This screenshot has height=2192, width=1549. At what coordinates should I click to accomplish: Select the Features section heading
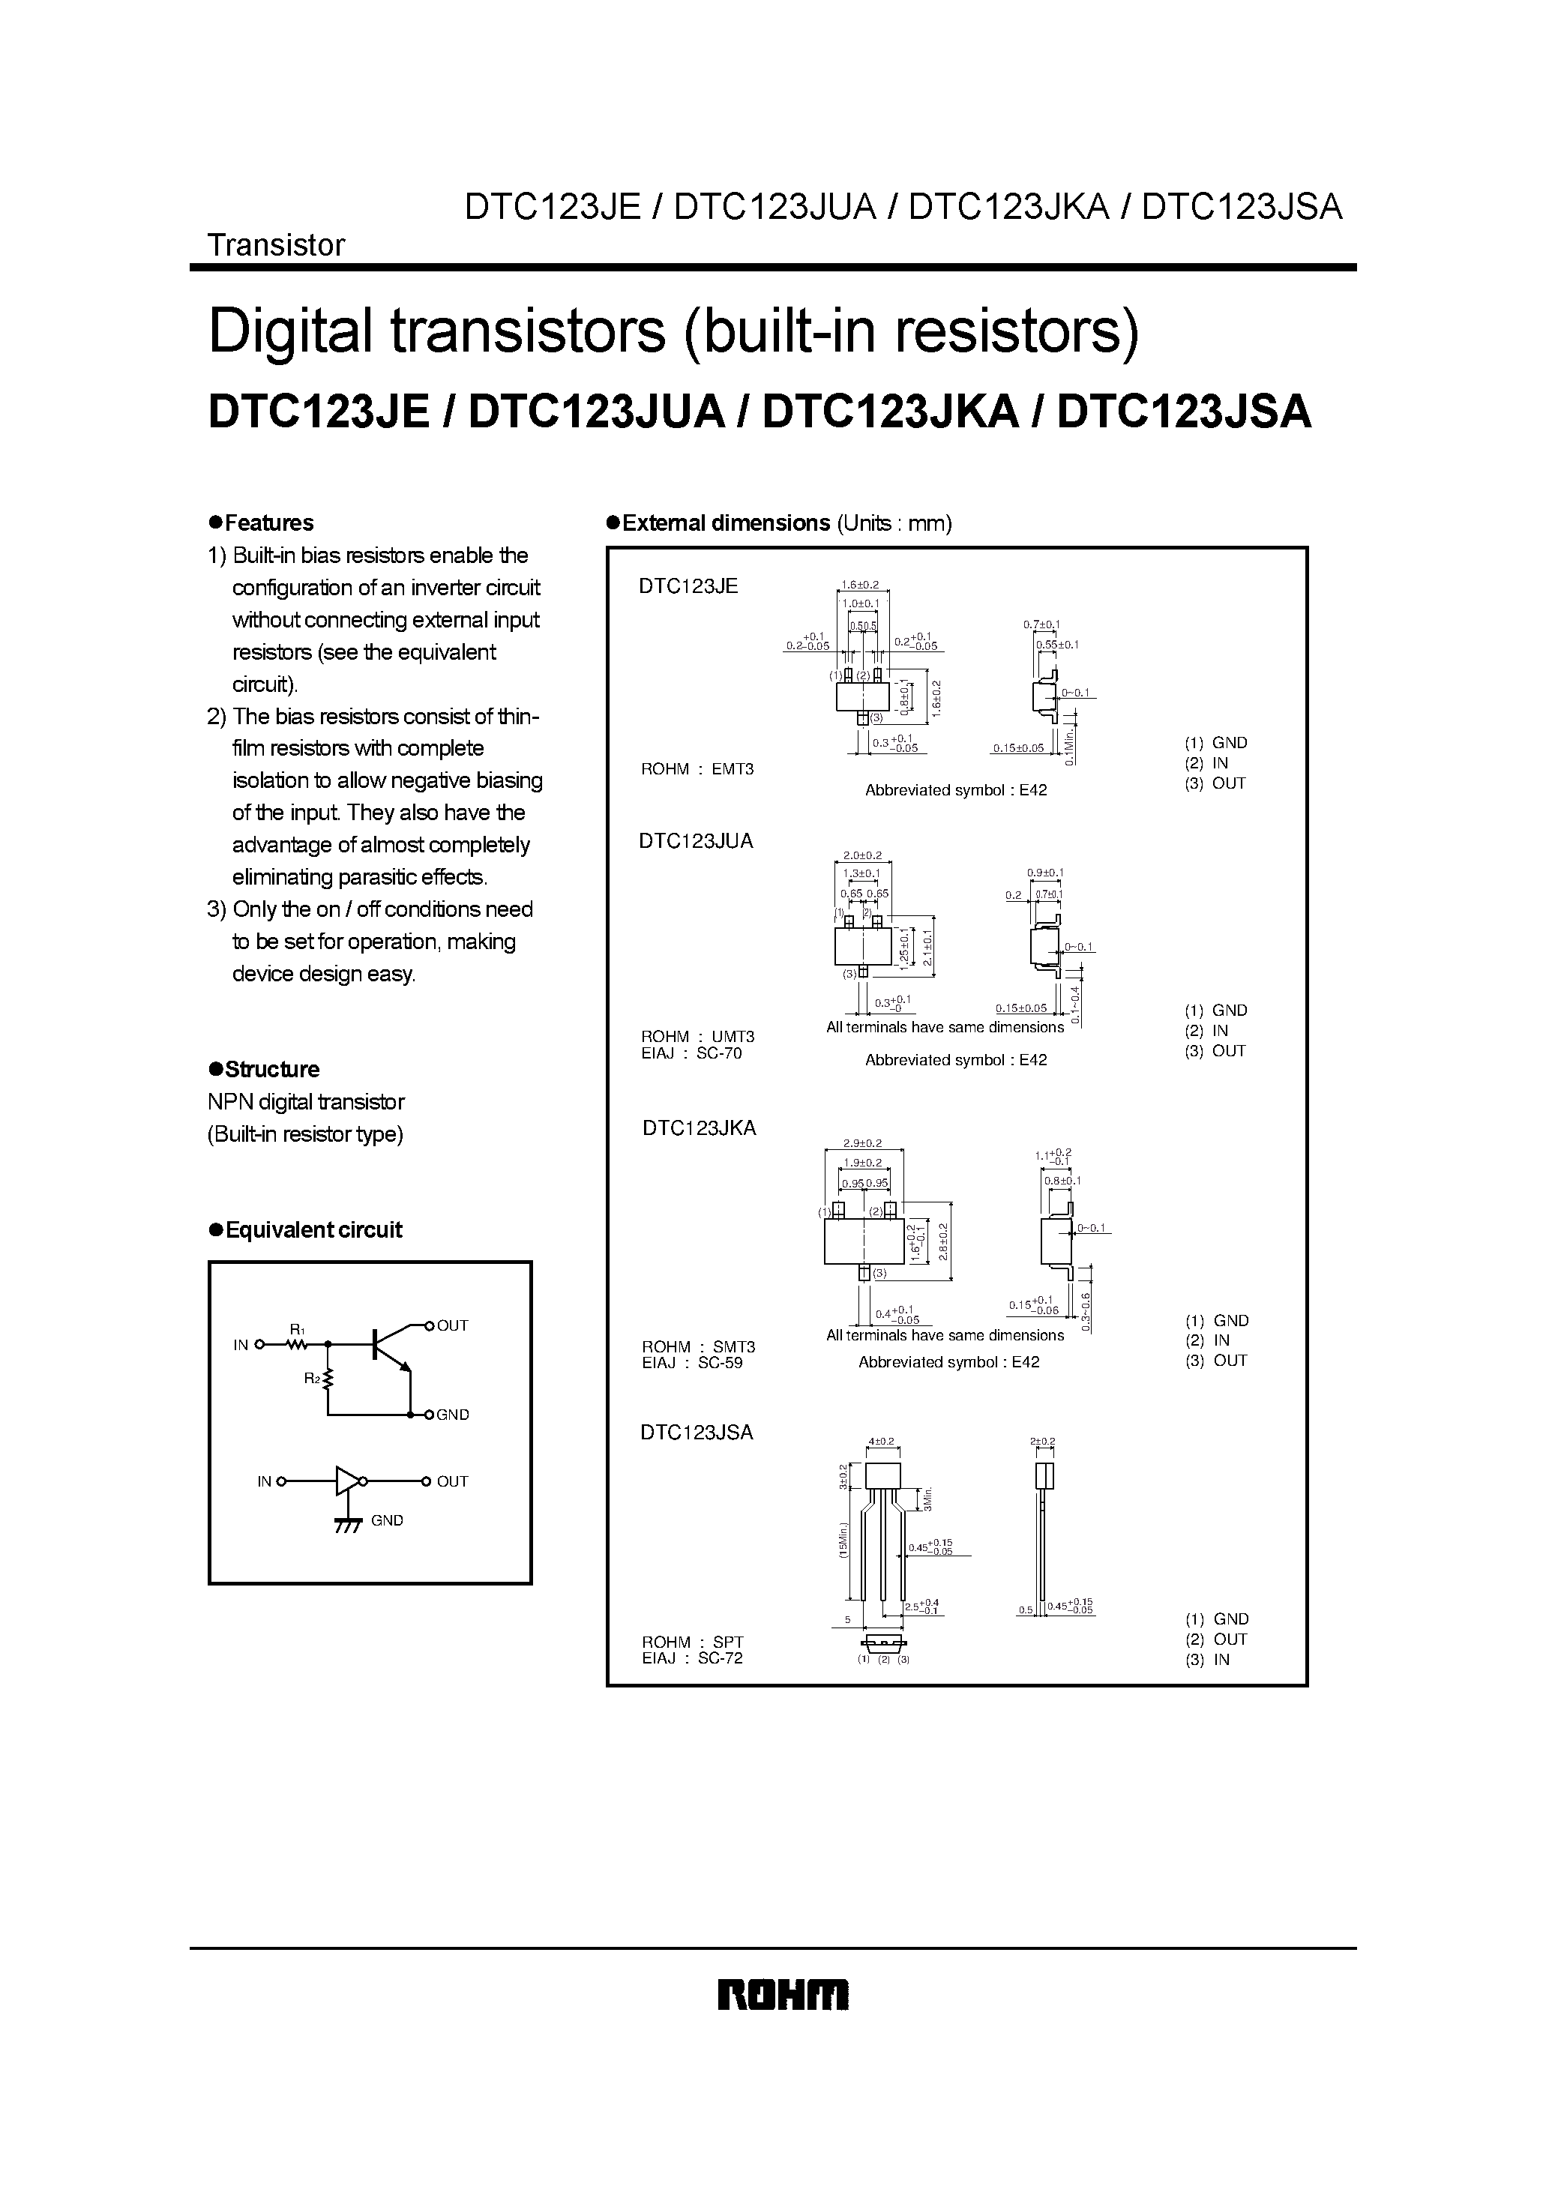(x=268, y=523)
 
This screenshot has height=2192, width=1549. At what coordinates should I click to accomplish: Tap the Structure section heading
(x=271, y=1069)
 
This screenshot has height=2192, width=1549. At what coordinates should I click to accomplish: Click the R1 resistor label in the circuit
(x=297, y=1329)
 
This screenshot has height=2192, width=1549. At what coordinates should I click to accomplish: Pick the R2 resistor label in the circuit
(x=311, y=1378)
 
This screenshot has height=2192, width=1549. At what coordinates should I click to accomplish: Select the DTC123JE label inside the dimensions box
(x=688, y=586)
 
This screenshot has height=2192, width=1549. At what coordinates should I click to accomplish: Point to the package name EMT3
(x=733, y=769)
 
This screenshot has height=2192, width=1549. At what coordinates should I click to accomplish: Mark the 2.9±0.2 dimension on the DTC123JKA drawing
(x=862, y=1142)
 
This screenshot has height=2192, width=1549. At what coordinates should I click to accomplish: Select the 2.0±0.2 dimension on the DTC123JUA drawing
(x=862, y=855)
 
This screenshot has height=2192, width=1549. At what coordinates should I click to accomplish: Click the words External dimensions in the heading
(x=726, y=523)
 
